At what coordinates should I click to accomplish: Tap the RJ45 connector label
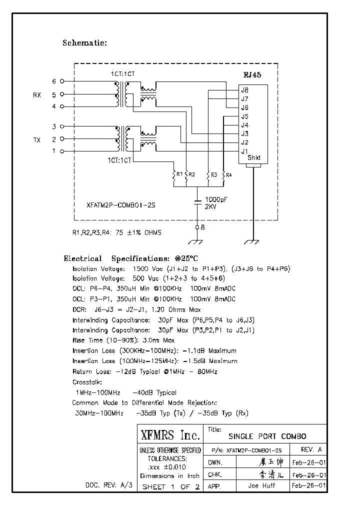point(252,75)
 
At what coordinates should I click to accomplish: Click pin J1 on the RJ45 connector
point(244,151)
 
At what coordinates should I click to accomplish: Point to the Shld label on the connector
point(254,158)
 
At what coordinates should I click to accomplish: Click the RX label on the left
point(37,94)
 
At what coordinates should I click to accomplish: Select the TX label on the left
point(37,139)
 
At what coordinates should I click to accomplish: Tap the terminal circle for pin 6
point(62,81)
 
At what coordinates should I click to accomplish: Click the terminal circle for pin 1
point(62,151)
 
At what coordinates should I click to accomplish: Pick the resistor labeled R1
point(174,174)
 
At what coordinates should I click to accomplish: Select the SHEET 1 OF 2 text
point(171,486)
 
